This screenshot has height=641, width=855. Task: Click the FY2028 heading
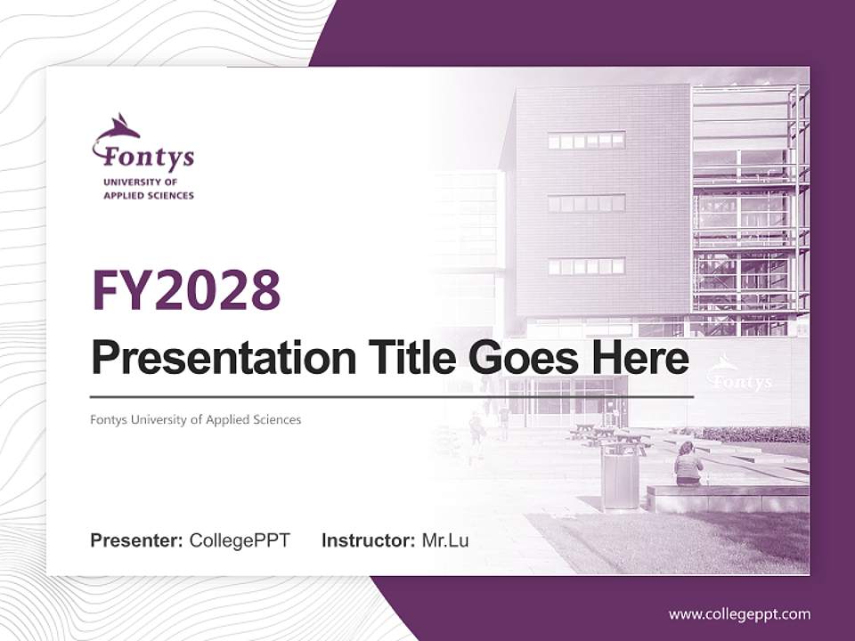point(186,290)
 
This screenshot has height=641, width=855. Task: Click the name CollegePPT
point(240,540)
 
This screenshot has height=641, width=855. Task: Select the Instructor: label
point(368,540)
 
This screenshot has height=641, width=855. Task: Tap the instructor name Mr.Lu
point(445,540)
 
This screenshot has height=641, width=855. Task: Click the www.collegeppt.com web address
point(739,613)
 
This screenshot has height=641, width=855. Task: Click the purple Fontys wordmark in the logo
point(148,158)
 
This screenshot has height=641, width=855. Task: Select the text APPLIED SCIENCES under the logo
point(148,195)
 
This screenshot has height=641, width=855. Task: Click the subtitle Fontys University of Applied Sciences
point(196,419)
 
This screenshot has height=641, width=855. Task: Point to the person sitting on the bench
point(688,465)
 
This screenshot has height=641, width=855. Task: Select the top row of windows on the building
point(586,141)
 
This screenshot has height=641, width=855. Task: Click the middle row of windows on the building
point(586,204)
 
